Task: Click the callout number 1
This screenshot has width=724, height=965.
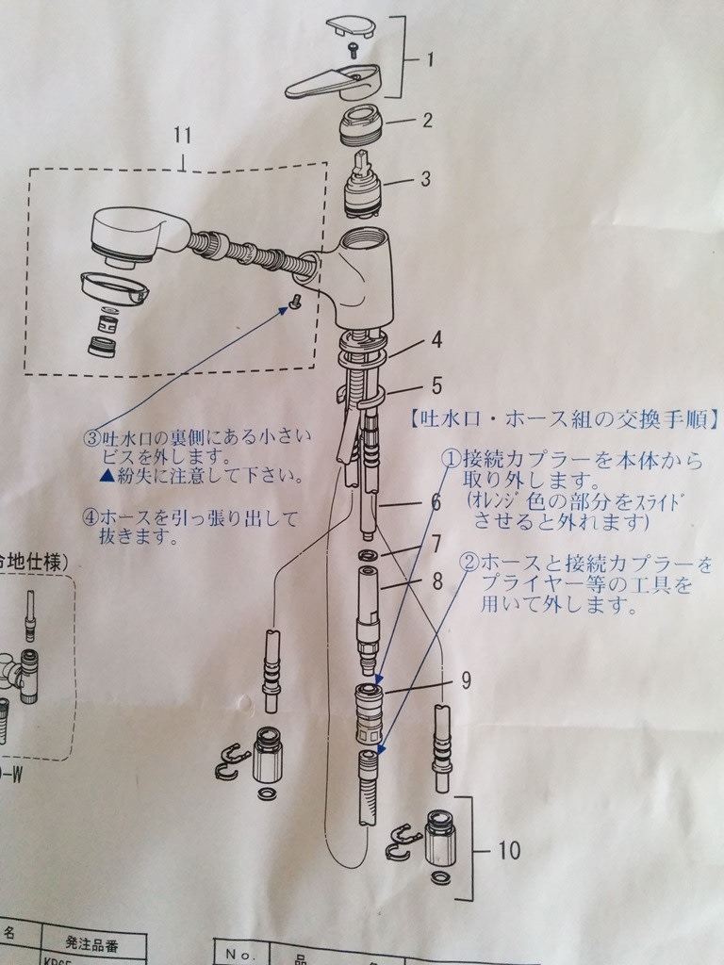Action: [430, 60]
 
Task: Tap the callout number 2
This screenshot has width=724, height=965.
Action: [427, 120]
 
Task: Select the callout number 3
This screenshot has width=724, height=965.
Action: [426, 178]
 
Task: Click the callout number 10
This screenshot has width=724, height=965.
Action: [508, 851]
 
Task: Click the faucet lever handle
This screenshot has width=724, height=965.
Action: [334, 82]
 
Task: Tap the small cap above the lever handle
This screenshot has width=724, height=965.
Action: [350, 26]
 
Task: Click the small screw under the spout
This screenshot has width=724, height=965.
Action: [294, 302]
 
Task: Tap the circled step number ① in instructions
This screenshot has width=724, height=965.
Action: [452, 458]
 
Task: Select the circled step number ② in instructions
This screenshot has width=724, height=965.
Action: [469, 563]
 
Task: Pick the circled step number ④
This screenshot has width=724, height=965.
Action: [91, 517]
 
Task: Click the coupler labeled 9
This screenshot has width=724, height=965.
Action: [369, 711]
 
